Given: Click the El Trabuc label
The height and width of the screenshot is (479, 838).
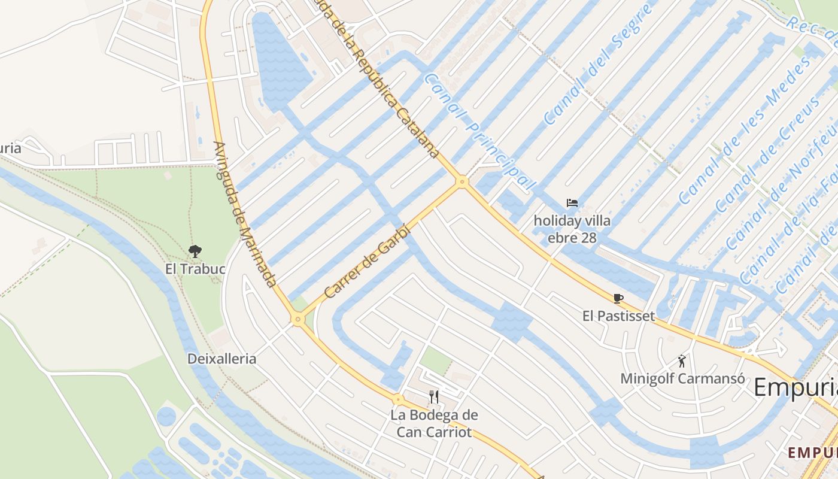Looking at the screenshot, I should click(x=195, y=269).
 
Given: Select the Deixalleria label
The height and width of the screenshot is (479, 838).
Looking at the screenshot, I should click(x=221, y=359).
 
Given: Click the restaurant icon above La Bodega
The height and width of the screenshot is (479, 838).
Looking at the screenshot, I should click(x=434, y=396).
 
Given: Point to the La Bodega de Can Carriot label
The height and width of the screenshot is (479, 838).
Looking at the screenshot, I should click(x=434, y=423).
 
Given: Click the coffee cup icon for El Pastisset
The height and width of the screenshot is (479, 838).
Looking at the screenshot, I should click(x=618, y=298).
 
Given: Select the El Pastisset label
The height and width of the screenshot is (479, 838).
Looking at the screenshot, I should click(x=619, y=315).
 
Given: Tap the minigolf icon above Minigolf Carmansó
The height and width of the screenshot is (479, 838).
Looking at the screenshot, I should click(x=682, y=361).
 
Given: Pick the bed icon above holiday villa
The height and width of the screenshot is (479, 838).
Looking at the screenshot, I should click(x=572, y=204).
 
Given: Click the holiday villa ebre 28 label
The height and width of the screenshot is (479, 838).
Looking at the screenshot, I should click(x=572, y=229).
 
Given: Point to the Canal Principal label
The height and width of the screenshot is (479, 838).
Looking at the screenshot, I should click(x=479, y=132).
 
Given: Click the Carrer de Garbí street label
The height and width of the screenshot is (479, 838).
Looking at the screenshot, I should click(x=368, y=261).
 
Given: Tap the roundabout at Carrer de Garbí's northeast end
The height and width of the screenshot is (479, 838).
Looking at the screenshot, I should click(x=461, y=181).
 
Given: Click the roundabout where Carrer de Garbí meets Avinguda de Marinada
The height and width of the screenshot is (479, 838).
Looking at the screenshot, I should click(x=297, y=320).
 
